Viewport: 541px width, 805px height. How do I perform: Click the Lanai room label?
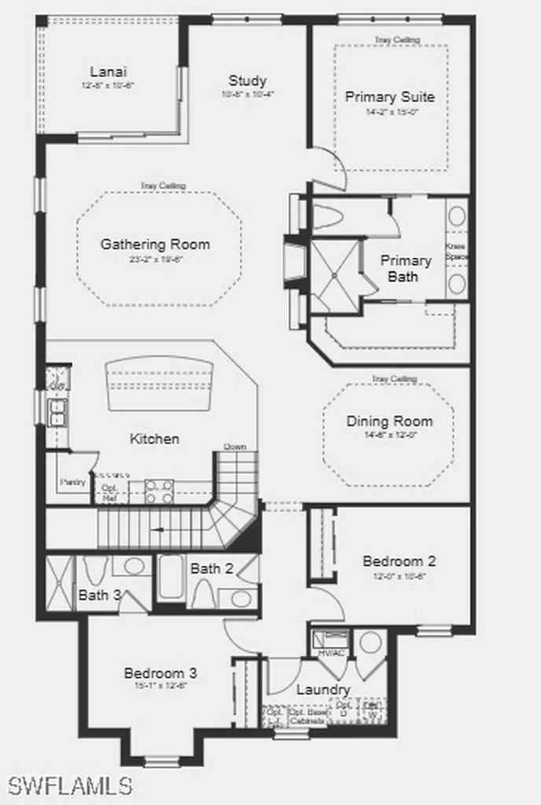tap(103, 72)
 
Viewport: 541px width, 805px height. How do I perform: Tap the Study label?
tap(248, 80)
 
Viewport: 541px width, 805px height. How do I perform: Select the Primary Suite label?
tap(390, 97)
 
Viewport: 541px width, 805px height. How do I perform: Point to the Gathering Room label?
tap(155, 244)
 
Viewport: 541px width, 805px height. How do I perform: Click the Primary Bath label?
tap(406, 268)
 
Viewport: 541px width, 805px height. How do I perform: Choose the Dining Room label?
tap(389, 421)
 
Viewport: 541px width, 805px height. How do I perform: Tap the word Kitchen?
tap(154, 439)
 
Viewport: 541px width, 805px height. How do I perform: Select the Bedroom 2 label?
tap(399, 561)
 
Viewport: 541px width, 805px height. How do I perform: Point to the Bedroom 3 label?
tap(160, 673)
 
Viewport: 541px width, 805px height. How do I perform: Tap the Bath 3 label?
tap(99, 595)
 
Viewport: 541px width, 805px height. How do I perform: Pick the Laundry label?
tap(323, 689)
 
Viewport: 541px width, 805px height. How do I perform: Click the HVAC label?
tap(326, 653)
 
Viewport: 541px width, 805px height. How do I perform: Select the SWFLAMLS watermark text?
tap(70, 785)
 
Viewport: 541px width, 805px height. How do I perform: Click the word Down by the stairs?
tap(235, 447)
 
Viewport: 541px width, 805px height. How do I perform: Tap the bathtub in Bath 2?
tap(171, 579)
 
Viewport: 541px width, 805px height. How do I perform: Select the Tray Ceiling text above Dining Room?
tap(394, 380)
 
